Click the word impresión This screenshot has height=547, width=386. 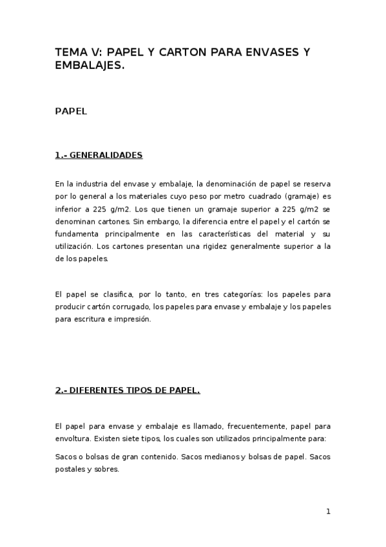coord(132,319)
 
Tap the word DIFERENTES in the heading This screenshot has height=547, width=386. coord(95,390)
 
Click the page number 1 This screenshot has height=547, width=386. coord(328,512)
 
